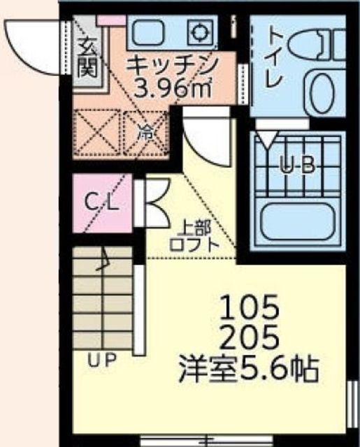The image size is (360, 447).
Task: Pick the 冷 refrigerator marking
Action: (145, 131)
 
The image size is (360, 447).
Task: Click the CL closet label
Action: (103, 203)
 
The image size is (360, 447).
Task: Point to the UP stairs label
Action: (102, 360)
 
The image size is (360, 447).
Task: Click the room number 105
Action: (250, 307)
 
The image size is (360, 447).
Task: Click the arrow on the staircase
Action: (102, 263)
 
